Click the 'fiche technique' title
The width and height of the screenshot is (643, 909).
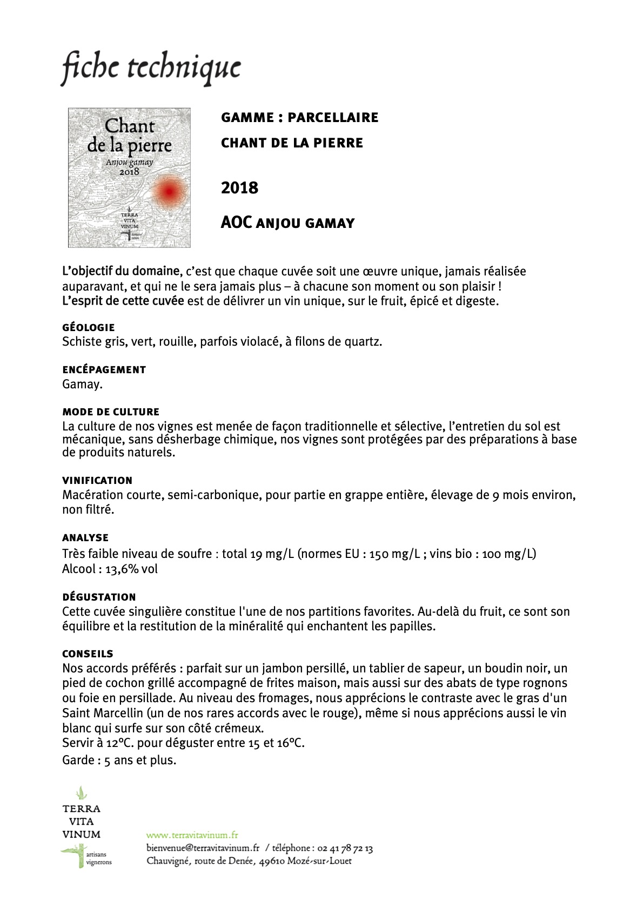coord(151,69)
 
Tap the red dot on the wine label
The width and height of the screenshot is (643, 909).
coord(169,191)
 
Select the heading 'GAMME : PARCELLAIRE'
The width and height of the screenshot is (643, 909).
coord(299,117)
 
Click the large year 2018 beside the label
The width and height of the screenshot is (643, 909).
coord(239,188)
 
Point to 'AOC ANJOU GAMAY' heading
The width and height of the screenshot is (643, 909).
coord(287,223)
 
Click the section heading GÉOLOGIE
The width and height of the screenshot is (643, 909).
coord(89,327)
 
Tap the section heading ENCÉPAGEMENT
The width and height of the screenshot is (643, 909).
coord(104,369)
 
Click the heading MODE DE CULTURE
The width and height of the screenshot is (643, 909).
coord(111,412)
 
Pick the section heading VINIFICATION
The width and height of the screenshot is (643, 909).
coord(97,480)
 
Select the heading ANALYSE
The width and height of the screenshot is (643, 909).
coord(85,537)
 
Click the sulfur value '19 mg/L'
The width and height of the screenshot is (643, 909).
coord(272,554)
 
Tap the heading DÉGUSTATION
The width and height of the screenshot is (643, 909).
coord(99,597)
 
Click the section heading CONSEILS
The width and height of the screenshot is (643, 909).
coord(88,654)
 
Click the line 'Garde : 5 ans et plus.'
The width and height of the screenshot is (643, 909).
coord(119,760)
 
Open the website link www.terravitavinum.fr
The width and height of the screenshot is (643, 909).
coord(192,835)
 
